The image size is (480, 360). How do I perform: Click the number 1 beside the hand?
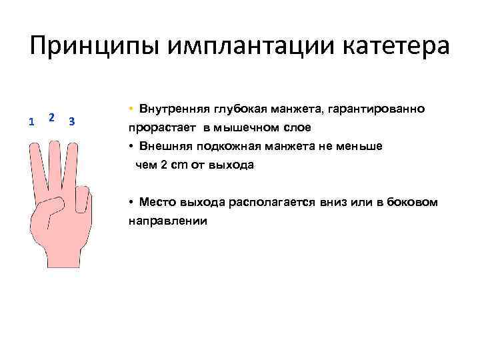[31, 121]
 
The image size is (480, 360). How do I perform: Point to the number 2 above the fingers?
[51, 117]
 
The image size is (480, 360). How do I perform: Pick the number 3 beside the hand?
[71, 121]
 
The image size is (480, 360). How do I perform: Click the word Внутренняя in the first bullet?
[174, 109]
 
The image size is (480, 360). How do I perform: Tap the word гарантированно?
[379, 109]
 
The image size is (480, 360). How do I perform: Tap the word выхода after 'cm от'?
[231, 165]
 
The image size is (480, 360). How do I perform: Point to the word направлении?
[167, 220]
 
